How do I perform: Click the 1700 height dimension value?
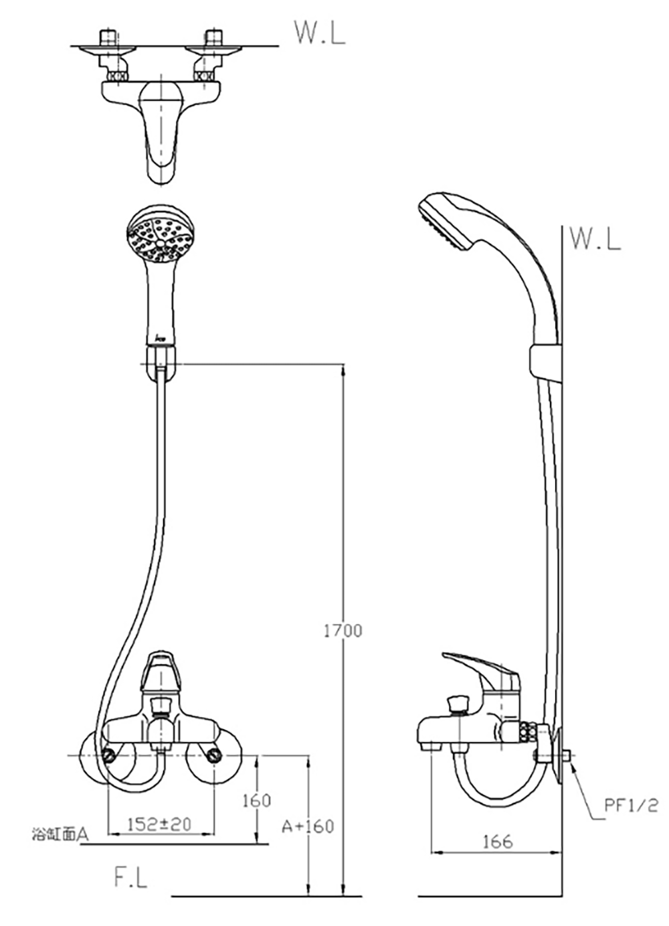click(343, 631)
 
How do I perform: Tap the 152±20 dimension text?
click(159, 825)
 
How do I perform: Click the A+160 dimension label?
click(308, 826)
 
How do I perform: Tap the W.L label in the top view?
click(319, 32)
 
